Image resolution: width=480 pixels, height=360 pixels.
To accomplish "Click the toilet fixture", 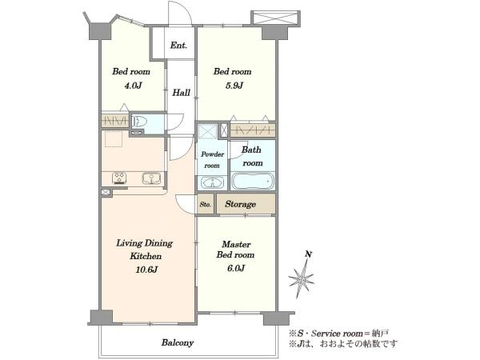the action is click(138, 122).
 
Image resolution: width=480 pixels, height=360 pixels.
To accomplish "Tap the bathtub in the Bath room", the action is click(253, 182).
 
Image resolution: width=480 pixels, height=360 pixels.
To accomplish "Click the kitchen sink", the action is click(151, 178).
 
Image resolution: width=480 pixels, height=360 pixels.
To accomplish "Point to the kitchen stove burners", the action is click(119, 178).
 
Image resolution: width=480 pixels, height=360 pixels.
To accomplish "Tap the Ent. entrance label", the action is click(178, 46).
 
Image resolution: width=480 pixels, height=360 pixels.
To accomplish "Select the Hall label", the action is click(181, 93).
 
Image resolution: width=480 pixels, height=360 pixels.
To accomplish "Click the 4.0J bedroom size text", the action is click(132, 86).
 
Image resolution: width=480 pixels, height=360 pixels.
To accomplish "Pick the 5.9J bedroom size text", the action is click(234, 86).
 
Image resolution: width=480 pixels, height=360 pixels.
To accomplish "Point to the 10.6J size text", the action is click(146, 270).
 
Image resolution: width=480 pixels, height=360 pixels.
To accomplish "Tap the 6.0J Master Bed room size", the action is click(236, 268).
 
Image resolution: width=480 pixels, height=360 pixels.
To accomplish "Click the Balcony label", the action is click(178, 342).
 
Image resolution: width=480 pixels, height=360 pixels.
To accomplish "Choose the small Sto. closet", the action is click(206, 204).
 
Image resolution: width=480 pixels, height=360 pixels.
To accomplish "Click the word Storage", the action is click(240, 204).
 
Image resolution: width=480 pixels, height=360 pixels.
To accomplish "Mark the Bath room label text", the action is click(252, 156).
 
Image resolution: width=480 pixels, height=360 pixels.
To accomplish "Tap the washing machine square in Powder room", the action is click(207, 131).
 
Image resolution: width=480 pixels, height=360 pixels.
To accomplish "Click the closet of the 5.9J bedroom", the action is click(253, 130).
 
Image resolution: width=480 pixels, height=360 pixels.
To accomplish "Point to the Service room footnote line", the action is click(339, 333).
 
